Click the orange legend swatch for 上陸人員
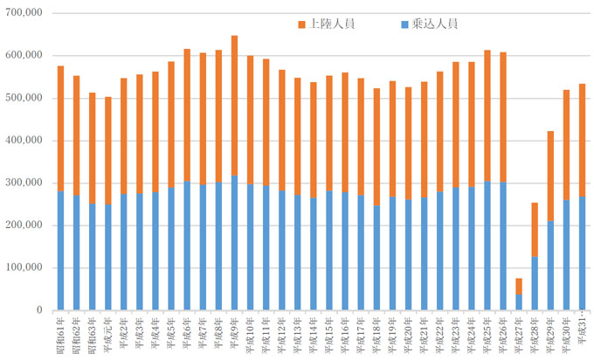click(x=302, y=24)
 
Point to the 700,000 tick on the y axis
click(x=24, y=13)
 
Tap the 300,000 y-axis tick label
click(x=24, y=183)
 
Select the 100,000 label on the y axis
click(x=24, y=267)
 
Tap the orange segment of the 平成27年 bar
click(x=519, y=287)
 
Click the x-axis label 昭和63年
click(x=92, y=334)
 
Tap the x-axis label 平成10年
click(x=250, y=334)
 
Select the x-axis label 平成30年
click(x=566, y=334)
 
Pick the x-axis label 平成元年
click(x=107, y=334)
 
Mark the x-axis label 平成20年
click(x=408, y=334)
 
